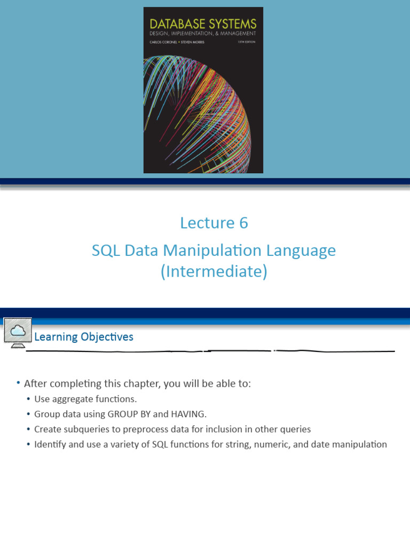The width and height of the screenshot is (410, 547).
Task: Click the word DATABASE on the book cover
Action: point(177,24)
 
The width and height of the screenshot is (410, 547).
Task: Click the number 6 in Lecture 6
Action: point(243,223)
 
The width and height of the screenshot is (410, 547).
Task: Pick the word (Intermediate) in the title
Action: point(214,272)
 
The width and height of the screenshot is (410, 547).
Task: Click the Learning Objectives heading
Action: point(84,337)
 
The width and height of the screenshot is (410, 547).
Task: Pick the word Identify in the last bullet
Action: point(49,444)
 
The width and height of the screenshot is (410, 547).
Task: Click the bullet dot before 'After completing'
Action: point(18,383)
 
